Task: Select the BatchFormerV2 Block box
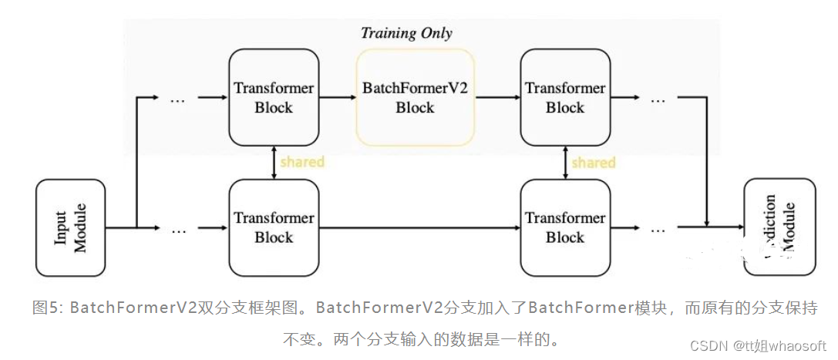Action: point(415,98)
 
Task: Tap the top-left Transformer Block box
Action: point(274,98)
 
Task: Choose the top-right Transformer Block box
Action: point(565,98)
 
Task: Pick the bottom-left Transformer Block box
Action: point(274,227)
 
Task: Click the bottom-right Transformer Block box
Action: point(565,227)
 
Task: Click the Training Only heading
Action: point(406,33)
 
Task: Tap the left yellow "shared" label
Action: point(302,162)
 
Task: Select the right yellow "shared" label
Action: point(594,163)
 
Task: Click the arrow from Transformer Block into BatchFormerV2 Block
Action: point(338,98)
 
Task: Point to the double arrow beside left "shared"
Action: point(274,163)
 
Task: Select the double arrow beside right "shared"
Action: point(565,163)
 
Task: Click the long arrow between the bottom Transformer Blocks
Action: point(420,228)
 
